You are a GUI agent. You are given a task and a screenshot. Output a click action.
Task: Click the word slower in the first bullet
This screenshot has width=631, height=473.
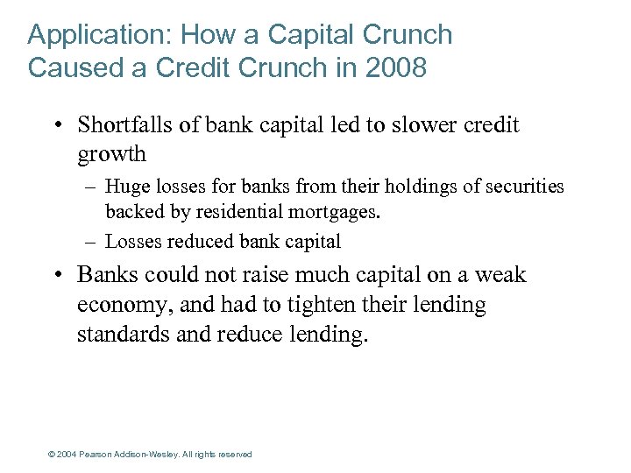click(415, 125)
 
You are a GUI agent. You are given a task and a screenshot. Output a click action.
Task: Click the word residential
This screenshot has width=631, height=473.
click(230, 211)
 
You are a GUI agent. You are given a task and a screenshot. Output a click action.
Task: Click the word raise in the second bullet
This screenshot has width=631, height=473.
click(267, 275)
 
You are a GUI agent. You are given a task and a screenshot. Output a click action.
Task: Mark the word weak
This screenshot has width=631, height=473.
click(501, 275)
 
